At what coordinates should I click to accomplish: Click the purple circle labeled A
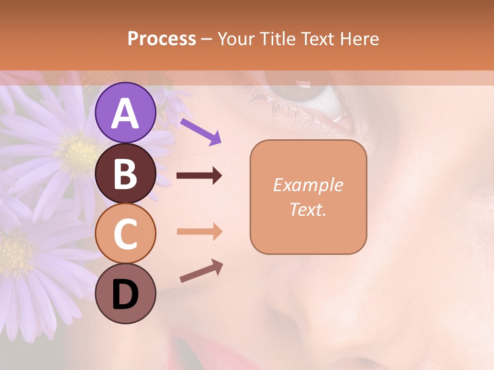tap(126, 113)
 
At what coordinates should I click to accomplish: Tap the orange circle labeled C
tap(126, 233)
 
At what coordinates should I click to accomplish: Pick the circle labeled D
tap(126, 293)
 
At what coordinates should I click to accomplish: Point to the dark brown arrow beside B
tap(199, 176)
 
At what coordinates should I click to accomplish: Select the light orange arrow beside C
tap(199, 232)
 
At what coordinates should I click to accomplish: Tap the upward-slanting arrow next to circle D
tap(201, 271)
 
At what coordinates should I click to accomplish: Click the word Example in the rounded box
tap(308, 185)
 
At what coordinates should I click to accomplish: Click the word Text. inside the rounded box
tap(308, 209)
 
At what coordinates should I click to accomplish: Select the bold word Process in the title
tap(162, 39)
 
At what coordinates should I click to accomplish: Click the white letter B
tap(126, 173)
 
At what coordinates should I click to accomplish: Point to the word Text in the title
tap(319, 39)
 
